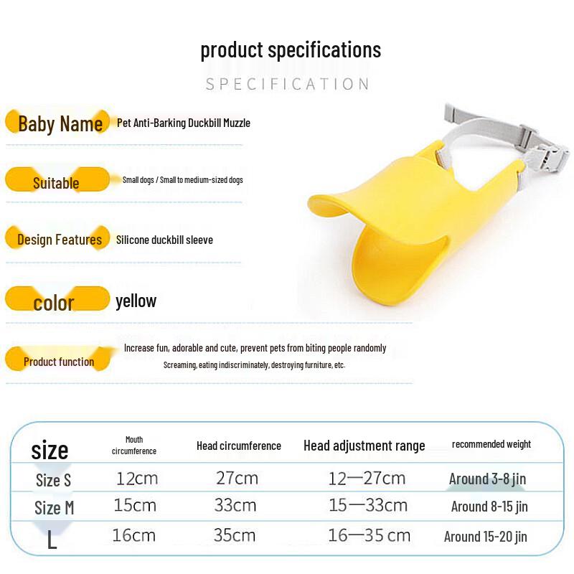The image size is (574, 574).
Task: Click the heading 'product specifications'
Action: click(x=291, y=50)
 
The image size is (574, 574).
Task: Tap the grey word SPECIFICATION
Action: click(x=288, y=84)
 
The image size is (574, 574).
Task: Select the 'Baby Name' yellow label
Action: click(x=57, y=122)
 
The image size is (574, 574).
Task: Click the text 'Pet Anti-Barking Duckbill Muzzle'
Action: click(x=184, y=123)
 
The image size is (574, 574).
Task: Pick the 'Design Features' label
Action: click(x=57, y=239)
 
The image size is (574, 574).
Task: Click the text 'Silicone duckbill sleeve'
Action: click(x=164, y=240)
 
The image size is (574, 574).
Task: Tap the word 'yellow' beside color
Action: click(x=136, y=301)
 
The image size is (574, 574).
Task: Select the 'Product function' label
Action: click(x=59, y=359)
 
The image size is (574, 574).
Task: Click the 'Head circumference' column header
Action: click(x=239, y=446)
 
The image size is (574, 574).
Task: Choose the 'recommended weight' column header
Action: click(x=491, y=444)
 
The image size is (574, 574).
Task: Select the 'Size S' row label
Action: click(x=53, y=480)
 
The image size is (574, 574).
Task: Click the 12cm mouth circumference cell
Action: click(x=137, y=479)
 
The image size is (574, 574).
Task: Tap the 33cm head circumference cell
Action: click(x=235, y=506)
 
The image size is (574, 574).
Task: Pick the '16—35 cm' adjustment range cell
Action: click(x=369, y=535)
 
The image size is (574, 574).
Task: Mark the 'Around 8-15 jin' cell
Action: click(x=489, y=507)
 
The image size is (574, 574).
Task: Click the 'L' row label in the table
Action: click(x=52, y=539)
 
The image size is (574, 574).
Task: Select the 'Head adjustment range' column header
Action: click(x=364, y=446)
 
